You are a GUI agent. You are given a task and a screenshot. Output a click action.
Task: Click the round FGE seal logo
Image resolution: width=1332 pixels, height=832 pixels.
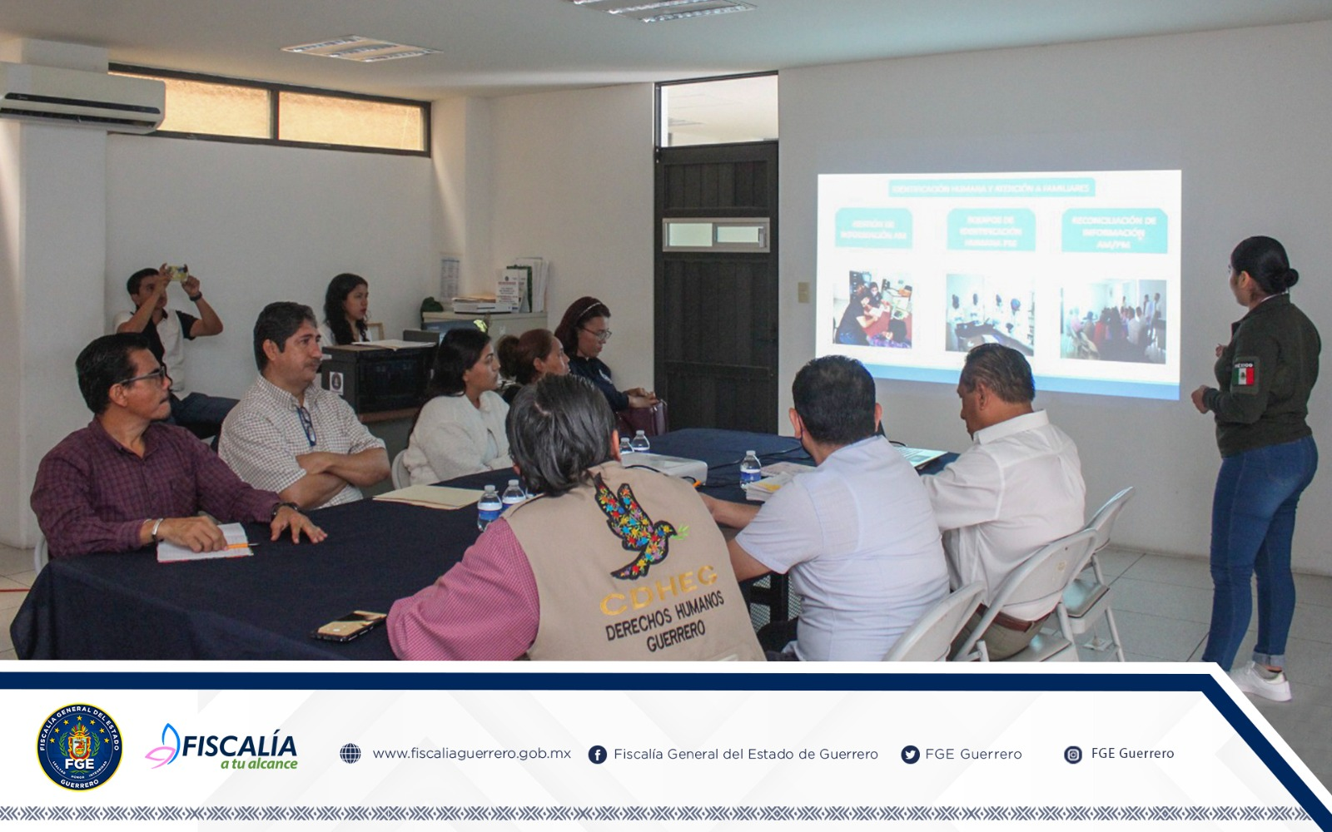coord(79,747)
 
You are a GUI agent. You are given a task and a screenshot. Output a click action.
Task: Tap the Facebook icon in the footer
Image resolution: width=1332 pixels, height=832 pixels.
coord(597,755)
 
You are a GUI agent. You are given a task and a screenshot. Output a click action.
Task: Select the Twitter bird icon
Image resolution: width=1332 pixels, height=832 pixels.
coord(910,755)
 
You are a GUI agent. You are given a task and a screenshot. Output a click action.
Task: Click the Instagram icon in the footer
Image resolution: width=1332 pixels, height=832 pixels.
coord(1073,755)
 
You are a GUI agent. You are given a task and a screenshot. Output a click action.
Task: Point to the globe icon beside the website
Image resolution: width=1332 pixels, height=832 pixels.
coord(350,754)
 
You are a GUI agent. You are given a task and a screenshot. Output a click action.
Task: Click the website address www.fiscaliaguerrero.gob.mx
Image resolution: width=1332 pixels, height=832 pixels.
coord(471,754)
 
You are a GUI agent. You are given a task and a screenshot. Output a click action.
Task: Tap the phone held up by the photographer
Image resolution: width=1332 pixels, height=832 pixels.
coord(177,270)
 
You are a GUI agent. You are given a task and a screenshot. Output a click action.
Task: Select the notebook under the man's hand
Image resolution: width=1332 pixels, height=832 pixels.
coord(205,542)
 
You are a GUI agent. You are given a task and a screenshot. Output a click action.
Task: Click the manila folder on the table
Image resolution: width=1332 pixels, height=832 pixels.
coord(428,495)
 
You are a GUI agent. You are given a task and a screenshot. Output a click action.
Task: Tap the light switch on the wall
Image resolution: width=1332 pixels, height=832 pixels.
coord(803,291)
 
